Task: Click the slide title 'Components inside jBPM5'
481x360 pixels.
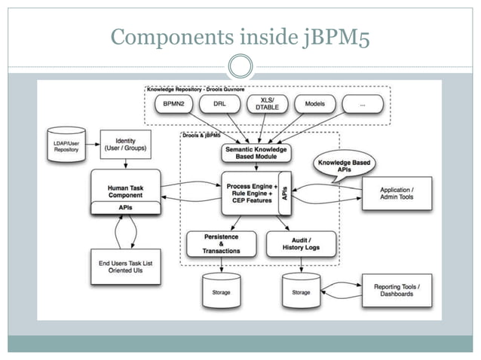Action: [240, 35]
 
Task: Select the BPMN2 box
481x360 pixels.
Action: [168, 105]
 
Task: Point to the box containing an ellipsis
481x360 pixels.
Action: [362, 105]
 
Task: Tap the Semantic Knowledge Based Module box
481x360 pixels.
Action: [254, 152]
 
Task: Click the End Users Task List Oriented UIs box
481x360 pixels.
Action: [125, 267]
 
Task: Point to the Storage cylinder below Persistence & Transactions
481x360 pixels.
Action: [221, 290]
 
